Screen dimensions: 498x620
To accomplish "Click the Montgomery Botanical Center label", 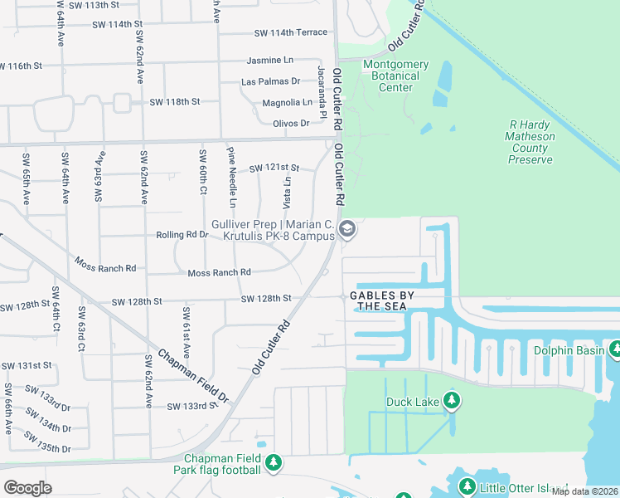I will [396, 76].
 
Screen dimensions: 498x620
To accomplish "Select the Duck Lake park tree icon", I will [451, 403].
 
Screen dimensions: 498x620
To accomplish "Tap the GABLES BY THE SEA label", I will [393, 295].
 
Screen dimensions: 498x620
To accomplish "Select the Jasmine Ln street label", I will [270, 61].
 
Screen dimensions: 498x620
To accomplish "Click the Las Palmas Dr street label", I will [270, 81].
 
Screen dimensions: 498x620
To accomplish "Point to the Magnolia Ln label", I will [287, 102].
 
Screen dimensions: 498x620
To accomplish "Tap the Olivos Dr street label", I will [291, 123].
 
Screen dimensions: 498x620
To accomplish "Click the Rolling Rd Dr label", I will [182, 235].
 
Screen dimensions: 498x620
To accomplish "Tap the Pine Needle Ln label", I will [233, 178].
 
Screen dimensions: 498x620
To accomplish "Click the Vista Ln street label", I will [288, 192].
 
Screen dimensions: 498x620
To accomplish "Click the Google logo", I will [28, 487].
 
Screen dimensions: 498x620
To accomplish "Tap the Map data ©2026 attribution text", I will [584, 491].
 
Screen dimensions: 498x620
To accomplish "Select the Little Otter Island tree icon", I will [467, 486].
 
